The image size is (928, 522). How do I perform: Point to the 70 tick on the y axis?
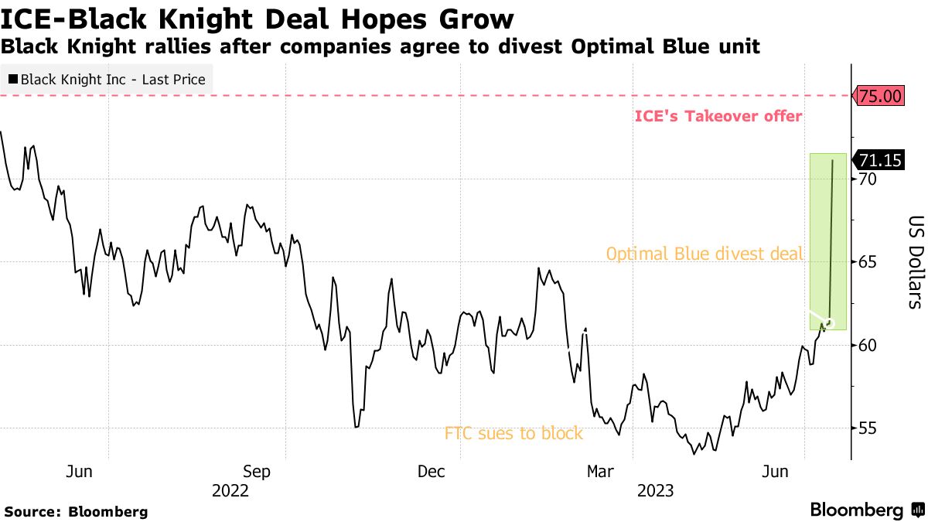(867, 179)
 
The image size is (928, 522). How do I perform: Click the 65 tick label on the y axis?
(867, 262)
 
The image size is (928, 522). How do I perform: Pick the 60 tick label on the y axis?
(867, 345)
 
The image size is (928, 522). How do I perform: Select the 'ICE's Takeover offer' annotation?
(718, 117)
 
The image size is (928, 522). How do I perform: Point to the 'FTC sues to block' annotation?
(513, 434)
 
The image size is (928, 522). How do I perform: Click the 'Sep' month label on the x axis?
(256, 472)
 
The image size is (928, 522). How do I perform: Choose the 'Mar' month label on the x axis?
(600, 472)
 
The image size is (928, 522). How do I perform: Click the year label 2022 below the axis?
(230, 491)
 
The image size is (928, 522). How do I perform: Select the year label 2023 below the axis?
(655, 491)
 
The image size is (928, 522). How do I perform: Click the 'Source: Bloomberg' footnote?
(76, 512)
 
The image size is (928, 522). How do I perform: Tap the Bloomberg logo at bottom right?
(865, 510)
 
